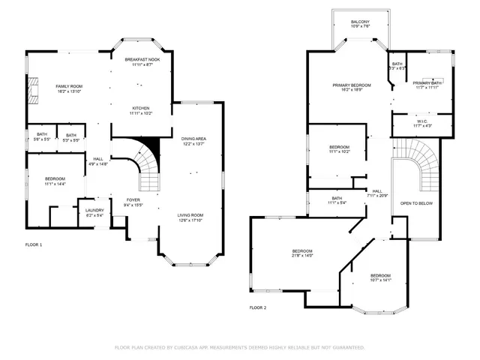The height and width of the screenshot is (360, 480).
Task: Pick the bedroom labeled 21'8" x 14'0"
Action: [x=302, y=253]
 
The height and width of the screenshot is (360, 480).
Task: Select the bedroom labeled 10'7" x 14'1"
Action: [x=380, y=277]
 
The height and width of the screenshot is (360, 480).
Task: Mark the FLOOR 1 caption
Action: [x=34, y=245]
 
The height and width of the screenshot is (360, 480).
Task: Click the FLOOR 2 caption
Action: [x=257, y=307]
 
